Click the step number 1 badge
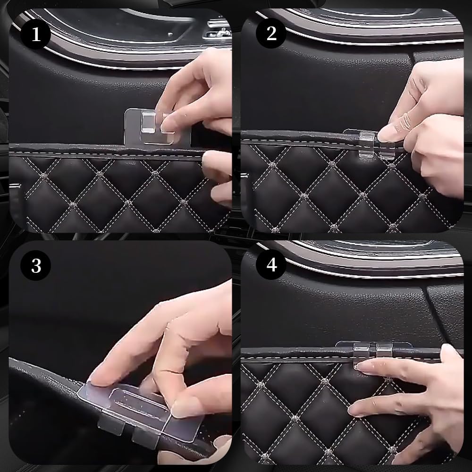(x=35, y=34)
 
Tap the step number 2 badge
(x=271, y=33)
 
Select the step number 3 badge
(x=35, y=265)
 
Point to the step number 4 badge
(x=271, y=265)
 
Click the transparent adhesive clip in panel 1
(x=150, y=126)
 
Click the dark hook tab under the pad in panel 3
(x=111, y=424)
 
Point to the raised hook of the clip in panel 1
(x=147, y=122)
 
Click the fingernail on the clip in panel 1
(x=168, y=126)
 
